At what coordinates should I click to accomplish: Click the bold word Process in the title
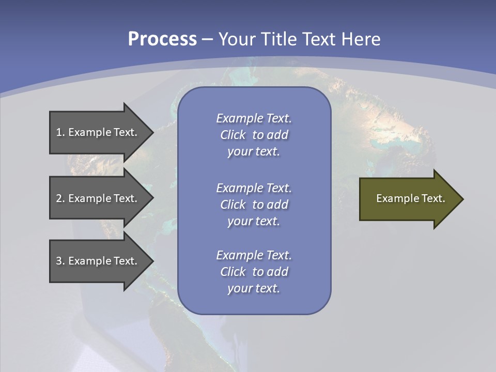pos(162,39)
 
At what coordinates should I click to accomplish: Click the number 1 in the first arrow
pos(59,132)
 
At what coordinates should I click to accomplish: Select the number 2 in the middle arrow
pos(59,198)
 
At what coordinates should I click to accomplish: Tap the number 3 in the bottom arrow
pos(59,261)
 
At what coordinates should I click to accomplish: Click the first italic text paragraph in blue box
pos(254,135)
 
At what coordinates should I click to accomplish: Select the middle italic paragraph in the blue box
pos(254,205)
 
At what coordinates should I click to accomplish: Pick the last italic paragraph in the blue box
pos(254,272)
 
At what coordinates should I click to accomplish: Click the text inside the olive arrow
pos(410,198)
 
